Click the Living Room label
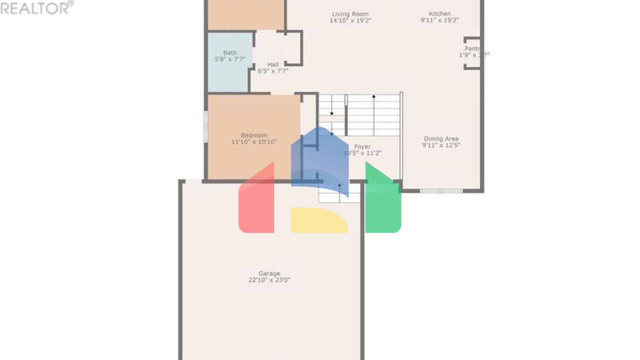pos(350,14)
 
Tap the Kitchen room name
pos(440,13)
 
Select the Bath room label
pos(230,52)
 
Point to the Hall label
pos(273,65)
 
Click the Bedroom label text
pos(254,135)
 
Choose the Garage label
pos(269,273)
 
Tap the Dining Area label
pos(441,139)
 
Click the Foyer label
pos(362,147)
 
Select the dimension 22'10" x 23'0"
pos(269,280)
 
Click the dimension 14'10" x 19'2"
pos(350,20)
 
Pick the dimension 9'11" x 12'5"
pos(441,145)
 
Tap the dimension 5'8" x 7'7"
pos(230,59)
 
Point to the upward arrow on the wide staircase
pos(374,97)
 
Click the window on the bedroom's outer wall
pos(205,126)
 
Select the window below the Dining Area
pos(441,191)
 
